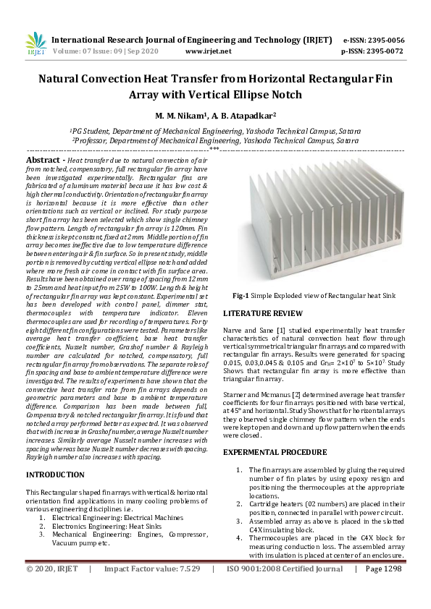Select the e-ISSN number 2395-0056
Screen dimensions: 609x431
382,41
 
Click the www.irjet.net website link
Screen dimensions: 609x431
209,51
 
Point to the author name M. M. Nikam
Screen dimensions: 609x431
178,115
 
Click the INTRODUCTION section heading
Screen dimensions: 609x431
55,474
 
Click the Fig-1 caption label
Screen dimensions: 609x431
242,297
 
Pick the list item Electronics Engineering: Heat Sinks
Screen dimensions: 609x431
114,527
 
